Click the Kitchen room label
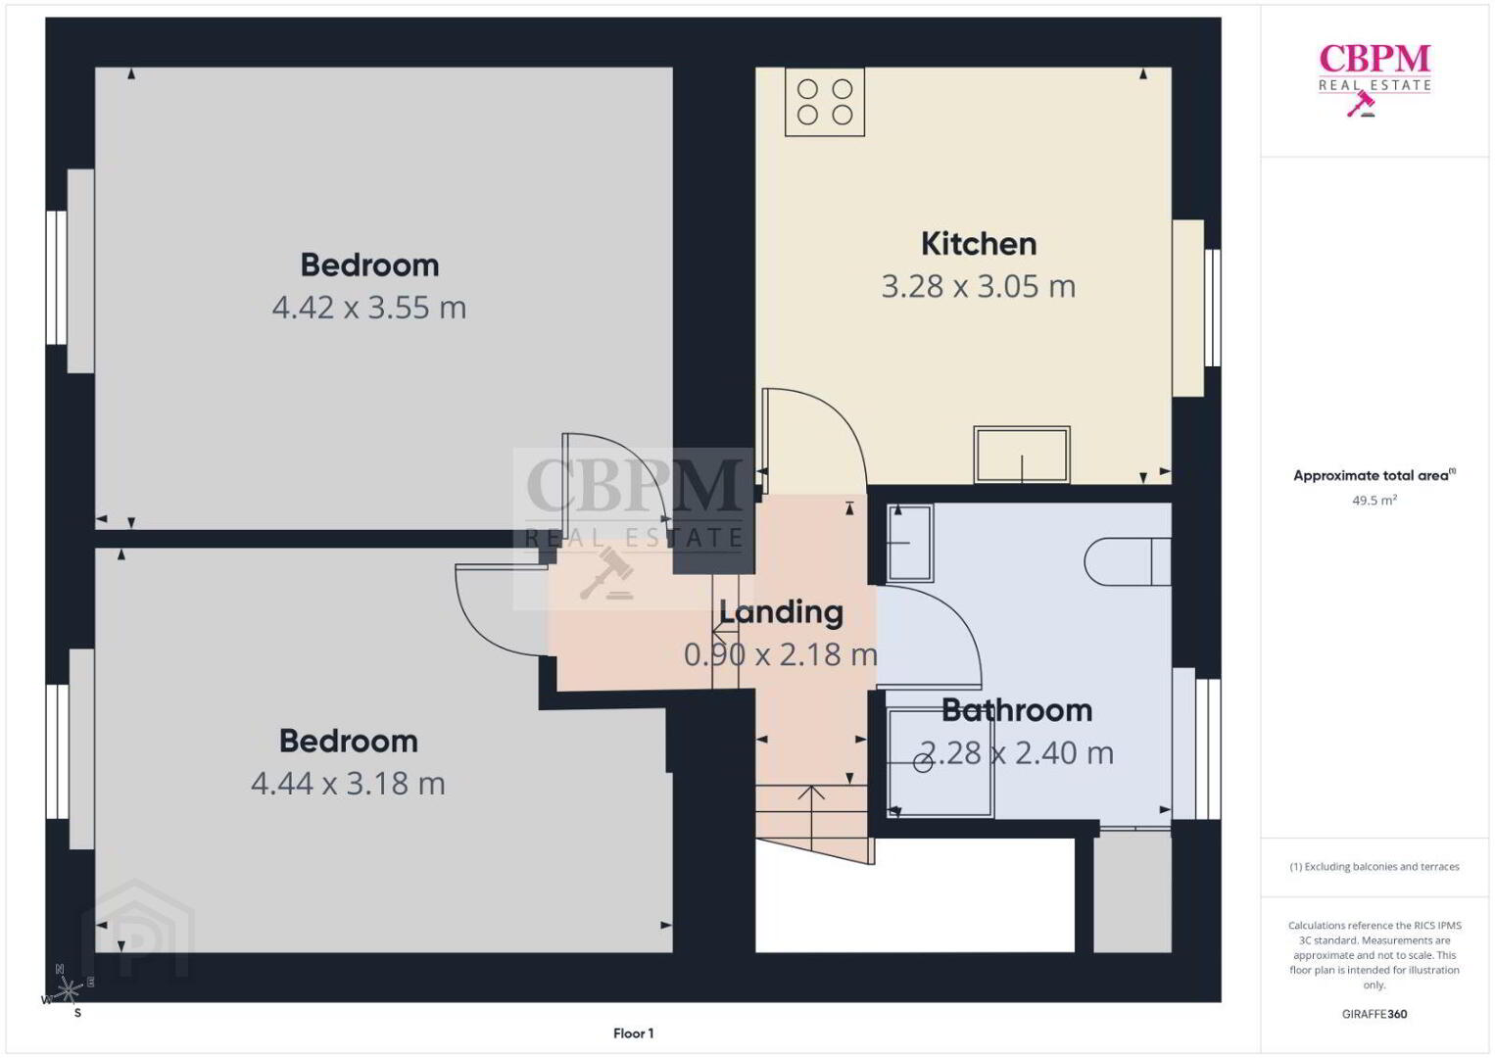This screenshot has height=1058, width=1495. [x=979, y=244]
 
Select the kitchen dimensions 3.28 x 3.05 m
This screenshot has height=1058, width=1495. [x=979, y=286]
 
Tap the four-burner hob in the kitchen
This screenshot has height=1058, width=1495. [x=825, y=102]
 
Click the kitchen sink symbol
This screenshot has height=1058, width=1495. [x=1022, y=455]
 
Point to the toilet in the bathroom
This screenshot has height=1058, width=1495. [x=1128, y=561]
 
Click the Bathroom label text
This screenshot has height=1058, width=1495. [x=1017, y=710]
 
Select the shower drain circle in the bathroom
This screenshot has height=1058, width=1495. [x=922, y=762]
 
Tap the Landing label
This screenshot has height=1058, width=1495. [x=781, y=612]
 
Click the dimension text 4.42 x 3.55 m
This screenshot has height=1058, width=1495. [x=369, y=308]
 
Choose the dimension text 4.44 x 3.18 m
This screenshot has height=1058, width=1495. [x=348, y=784]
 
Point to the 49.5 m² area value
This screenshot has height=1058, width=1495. [x=1374, y=500]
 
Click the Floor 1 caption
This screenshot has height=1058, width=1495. [x=634, y=1034]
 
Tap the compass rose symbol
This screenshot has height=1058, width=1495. [x=67, y=991]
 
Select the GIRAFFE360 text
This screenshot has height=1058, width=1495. [x=1374, y=1014]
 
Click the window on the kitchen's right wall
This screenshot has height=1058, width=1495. [x=1213, y=308]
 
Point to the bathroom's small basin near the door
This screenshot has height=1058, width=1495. [x=910, y=543]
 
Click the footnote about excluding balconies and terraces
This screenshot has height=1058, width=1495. [x=1374, y=866]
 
